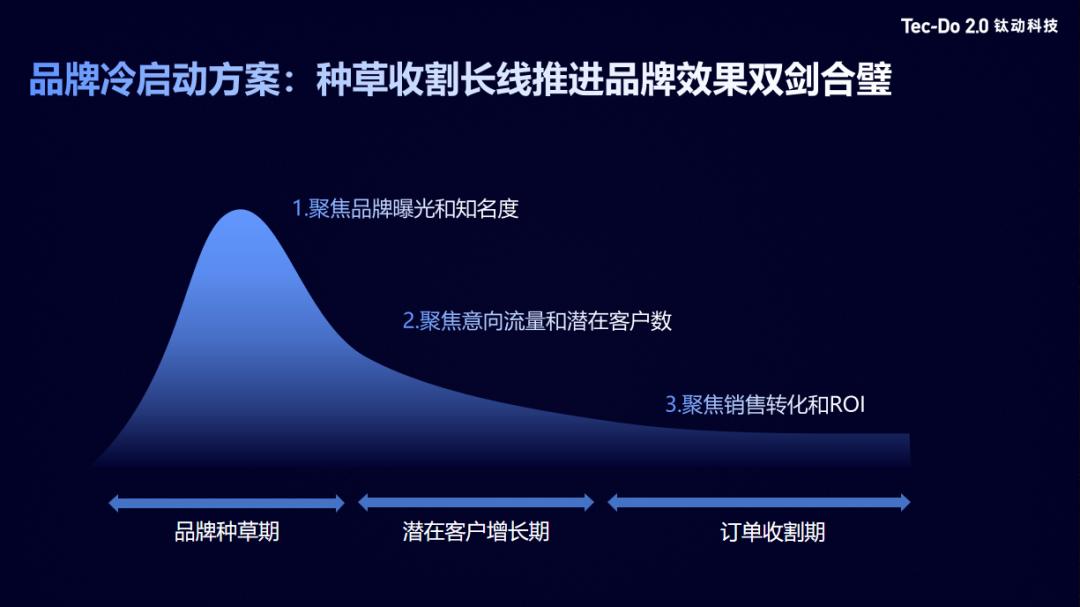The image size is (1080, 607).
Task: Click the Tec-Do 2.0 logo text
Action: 944,26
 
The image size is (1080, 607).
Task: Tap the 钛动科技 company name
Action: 1026,26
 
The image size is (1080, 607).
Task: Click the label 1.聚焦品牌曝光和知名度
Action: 405,209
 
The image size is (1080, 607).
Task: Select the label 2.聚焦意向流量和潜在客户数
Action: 537,321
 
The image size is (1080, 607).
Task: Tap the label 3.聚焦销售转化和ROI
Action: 765,405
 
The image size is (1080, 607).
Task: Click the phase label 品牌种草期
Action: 227,531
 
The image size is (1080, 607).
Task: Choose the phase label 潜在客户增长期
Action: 476,531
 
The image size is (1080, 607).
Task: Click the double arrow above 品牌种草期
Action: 227,503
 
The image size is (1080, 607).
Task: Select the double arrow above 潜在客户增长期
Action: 476,503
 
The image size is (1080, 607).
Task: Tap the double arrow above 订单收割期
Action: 759,503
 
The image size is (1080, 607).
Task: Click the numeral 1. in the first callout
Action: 298,209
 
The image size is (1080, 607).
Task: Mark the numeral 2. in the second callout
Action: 410,321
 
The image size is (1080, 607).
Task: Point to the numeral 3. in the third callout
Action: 673,405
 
